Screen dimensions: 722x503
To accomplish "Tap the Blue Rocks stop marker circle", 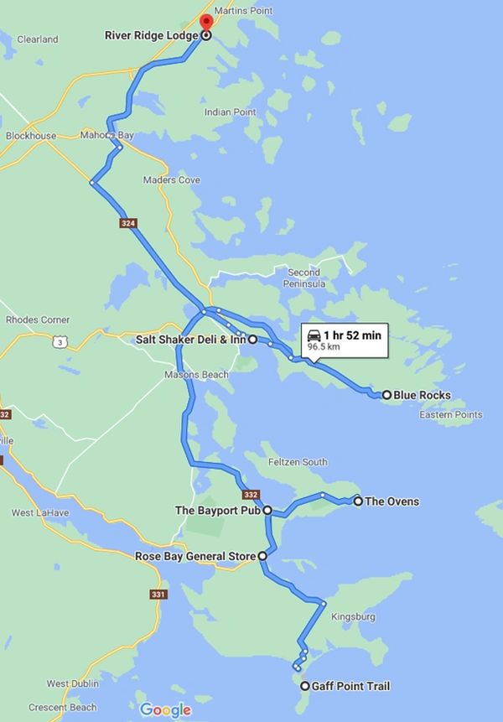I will (386, 394).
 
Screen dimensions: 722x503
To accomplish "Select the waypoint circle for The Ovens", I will (358, 501).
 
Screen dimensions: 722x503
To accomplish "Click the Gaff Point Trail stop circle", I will (304, 686).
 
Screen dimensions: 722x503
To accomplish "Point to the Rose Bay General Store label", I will (195, 555).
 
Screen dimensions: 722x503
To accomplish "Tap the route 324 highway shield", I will (127, 224).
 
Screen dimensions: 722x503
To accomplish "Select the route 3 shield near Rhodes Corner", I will (58, 341).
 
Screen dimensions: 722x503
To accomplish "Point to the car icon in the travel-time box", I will (314, 335).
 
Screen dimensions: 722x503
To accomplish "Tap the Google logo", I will (165, 710).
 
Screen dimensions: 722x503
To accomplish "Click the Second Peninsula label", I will (304, 278).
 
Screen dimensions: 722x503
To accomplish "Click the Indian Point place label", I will (231, 112).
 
